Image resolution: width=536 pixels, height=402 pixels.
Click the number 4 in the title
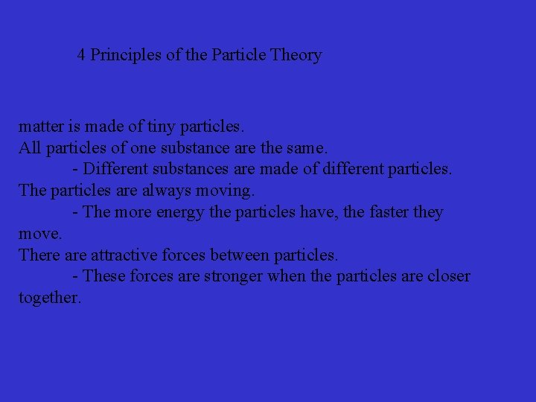point(82,55)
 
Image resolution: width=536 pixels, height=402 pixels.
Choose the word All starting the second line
point(30,147)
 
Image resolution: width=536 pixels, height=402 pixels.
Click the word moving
point(226,191)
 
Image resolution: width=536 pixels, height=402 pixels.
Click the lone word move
point(39,234)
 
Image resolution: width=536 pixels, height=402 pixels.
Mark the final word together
point(49,298)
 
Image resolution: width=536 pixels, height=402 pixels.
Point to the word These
point(104,276)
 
